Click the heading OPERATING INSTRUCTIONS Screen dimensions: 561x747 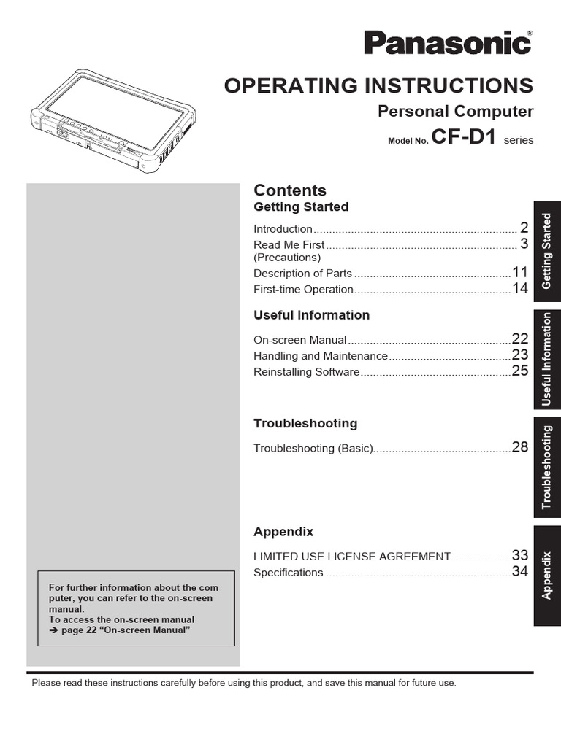point(378,85)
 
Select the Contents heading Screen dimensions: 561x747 point(290,190)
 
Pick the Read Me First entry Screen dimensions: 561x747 point(289,244)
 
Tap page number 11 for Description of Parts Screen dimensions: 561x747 point(519,273)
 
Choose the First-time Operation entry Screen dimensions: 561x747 point(303,289)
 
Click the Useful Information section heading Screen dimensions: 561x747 point(311,315)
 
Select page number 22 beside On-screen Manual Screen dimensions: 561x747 point(519,339)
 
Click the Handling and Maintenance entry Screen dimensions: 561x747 point(320,356)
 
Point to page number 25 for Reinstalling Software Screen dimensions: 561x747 point(519,371)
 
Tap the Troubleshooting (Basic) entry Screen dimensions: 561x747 point(313,448)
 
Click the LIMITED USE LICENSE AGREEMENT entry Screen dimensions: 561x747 point(351,557)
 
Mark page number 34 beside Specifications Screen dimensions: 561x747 point(519,572)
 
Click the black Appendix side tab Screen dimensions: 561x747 point(547,576)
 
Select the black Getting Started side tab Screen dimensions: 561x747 point(547,250)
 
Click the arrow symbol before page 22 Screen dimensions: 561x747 point(53,630)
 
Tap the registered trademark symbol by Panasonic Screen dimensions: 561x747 point(530,32)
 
